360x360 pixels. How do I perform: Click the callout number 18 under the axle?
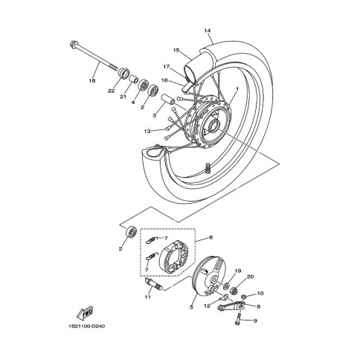coord(92,80)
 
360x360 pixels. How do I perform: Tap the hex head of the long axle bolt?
coord(74,45)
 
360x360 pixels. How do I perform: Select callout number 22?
coord(112,91)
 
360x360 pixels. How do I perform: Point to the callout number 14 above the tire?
coord(208,30)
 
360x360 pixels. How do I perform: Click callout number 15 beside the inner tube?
coord(176,50)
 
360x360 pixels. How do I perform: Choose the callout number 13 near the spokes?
coord(147,131)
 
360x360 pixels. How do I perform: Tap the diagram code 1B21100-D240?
coord(86,326)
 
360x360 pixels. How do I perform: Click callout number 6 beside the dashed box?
coord(211,237)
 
